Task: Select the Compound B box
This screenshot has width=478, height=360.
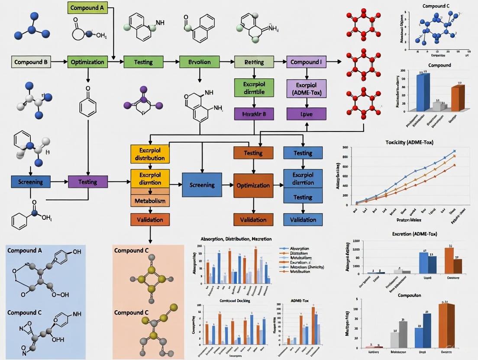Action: point(31,62)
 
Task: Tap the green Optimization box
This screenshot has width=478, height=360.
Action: point(87,62)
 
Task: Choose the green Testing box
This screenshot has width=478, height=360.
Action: point(143,62)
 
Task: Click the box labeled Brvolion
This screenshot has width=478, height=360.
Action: point(199,62)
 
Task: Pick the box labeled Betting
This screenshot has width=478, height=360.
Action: point(254,62)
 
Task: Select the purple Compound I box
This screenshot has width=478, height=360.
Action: point(306,62)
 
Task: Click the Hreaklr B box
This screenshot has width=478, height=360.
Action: point(254,114)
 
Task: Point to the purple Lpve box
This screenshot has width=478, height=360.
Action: point(306,114)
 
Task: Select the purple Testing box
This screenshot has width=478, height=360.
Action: point(88,182)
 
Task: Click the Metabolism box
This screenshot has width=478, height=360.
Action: point(149,202)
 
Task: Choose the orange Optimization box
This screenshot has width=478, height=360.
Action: point(253,185)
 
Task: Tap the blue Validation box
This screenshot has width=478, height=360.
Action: point(303,219)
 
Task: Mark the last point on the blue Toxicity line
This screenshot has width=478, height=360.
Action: point(455,151)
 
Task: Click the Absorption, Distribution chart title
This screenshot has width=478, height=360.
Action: point(236,239)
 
